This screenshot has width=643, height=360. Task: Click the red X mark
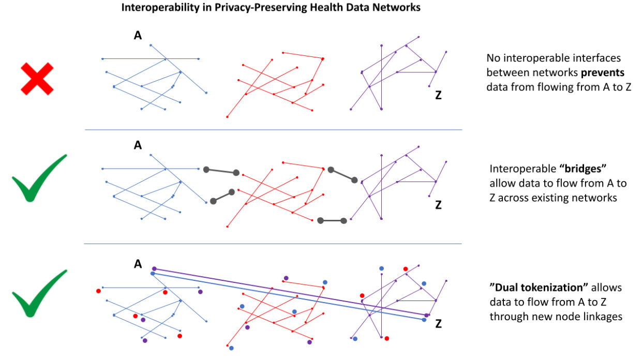[x=37, y=79]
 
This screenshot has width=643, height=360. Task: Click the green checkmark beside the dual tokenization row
[x=39, y=293]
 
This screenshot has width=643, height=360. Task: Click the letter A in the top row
[x=138, y=36]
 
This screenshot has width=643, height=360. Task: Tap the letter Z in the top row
[x=438, y=95]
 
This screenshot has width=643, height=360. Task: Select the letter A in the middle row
[x=138, y=145]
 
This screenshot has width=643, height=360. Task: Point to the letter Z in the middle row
[x=438, y=205]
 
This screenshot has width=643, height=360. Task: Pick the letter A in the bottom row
[x=138, y=264]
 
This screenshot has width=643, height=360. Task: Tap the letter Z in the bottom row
[x=438, y=324]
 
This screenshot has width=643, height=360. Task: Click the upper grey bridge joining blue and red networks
[x=221, y=171]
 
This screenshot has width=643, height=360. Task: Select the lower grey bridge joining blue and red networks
[x=222, y=197]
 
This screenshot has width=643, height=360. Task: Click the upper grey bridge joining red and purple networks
[x=342, y=175]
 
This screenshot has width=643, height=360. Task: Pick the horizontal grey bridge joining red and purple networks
[x=332, y=221]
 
